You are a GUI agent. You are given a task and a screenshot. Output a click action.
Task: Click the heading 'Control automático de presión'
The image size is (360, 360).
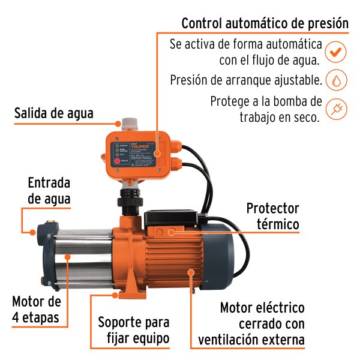pyautogui.click(x=265, y=23)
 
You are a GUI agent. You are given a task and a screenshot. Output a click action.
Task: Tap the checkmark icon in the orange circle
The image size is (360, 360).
pyautogui.click(x=337, y=52)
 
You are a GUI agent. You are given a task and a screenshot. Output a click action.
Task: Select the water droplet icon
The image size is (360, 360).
pyautogui.click(x=337, y=80)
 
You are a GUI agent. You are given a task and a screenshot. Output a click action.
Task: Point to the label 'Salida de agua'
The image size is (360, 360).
pyautogui.click(x=54, y=113)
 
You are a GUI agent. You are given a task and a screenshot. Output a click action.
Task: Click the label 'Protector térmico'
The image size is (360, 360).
pyautogui.click(x=272, y=216)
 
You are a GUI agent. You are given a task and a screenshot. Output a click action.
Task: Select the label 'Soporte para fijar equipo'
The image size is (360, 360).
pyautogui.click(x=134, y=330)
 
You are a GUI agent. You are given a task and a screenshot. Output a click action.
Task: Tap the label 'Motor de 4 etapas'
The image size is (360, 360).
pyautogui.click(x=36, y=310)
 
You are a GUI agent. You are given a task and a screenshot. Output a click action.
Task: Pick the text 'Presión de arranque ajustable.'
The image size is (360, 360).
pyautogui.click(x=246, y=80)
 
